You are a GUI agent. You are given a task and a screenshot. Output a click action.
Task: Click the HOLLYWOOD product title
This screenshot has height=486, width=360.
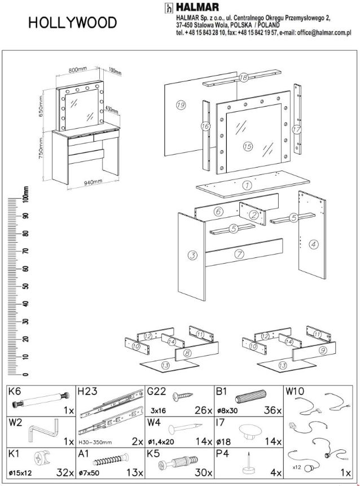point(73,23)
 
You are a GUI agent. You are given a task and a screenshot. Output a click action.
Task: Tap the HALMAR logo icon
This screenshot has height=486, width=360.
point(168,8)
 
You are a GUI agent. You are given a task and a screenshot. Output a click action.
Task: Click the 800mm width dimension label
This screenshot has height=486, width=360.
point(78,69)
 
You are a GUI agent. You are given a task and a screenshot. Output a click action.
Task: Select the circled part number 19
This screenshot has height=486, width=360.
point(181,105)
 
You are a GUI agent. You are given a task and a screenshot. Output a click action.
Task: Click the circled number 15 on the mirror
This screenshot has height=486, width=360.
point(247,146)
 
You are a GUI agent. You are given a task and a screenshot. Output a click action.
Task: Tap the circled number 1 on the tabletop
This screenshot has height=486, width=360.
point(247,185)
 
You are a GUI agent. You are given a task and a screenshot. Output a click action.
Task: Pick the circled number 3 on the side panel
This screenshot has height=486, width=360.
point(193,256)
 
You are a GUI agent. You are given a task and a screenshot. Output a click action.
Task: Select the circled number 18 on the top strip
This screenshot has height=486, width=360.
point(243,78)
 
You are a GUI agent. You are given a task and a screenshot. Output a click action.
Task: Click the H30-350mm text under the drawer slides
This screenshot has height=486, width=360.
point(97,441)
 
